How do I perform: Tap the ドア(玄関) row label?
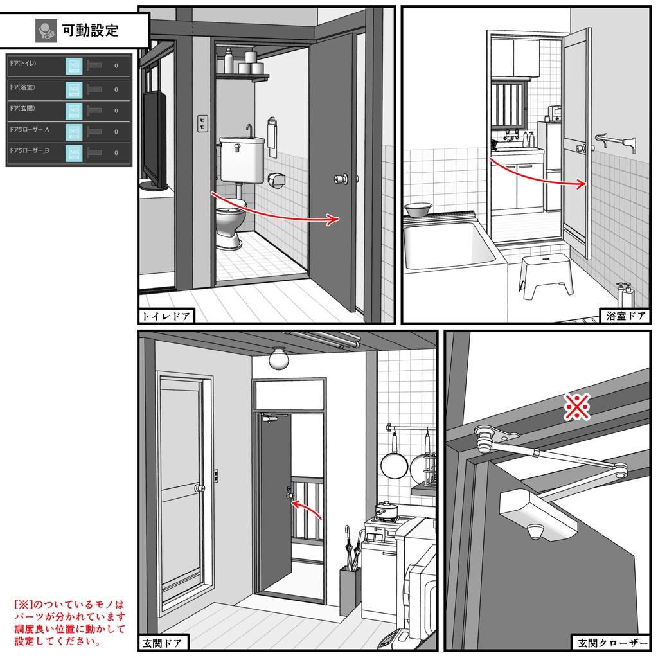click(x=23, y=107)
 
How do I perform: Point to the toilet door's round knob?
click(x=339, y=179)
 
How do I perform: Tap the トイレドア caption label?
click(x=166, y=316)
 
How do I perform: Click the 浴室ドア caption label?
click(x=626, y=316)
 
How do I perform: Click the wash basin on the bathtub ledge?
click(x=418, y=209)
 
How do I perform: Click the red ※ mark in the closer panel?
click(x=576, y=406)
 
